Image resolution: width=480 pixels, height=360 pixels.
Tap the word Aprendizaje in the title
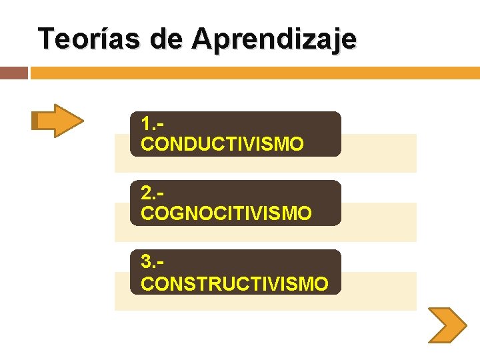click(x=275, y=40)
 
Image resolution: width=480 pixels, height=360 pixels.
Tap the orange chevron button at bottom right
click(x=446, y=325)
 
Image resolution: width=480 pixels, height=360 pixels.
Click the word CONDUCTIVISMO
click(x=222, y=143)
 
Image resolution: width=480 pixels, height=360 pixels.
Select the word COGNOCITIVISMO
click(x=226, y=213)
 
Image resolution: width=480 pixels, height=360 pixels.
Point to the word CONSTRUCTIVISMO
click(x=235, y=283)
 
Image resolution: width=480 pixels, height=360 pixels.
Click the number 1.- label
click(x=153, y=125)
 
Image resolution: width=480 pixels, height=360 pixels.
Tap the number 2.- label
click(x=153, y=194)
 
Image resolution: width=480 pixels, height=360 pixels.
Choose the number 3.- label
click(x=153, y=264)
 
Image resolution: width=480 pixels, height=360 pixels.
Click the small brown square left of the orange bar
click(x=13, y=73)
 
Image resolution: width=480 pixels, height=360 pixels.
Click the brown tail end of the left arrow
click(x=35, y=121)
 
